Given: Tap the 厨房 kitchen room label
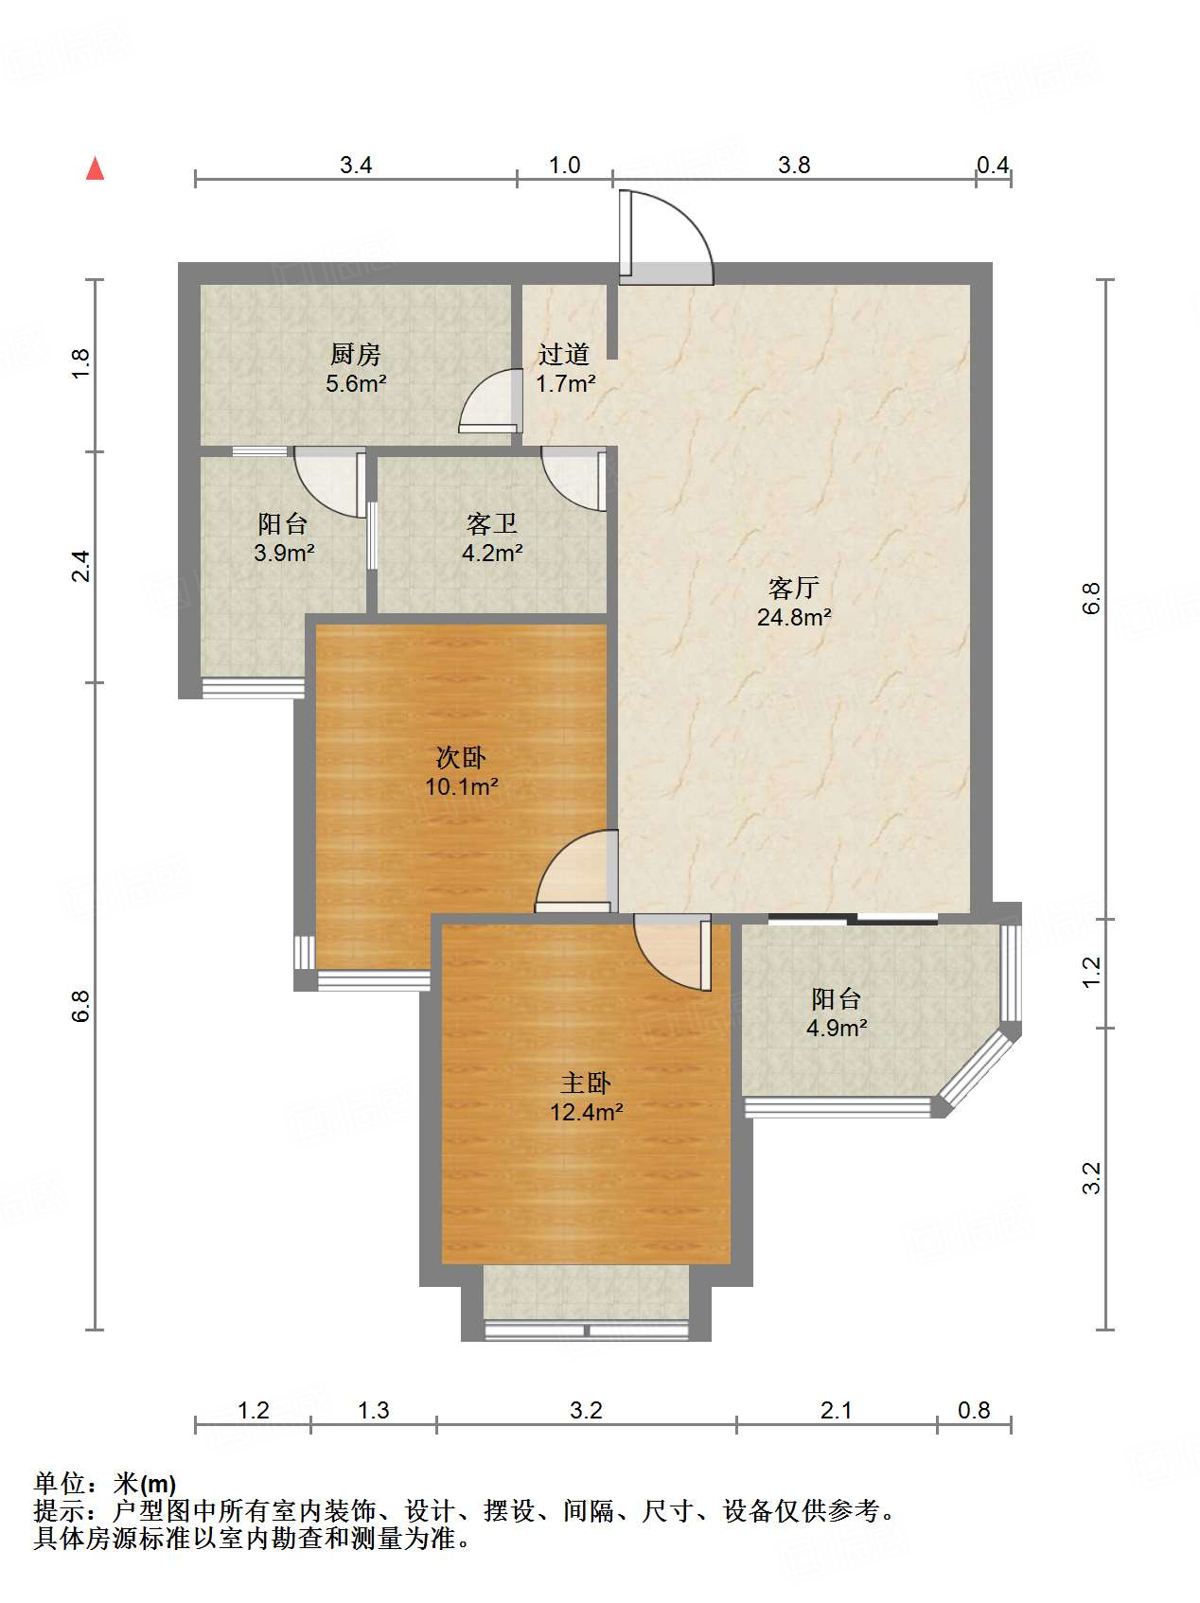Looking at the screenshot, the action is (x=356, y=355).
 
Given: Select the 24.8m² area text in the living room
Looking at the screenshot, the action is (x=794, y=618).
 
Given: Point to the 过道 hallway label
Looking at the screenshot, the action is (x=564, y=355).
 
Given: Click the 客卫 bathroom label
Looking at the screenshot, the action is (x=492, y=523).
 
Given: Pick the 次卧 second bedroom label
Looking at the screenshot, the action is (x=461, y=757).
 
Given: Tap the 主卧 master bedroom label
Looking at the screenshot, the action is (x=586, y=1083).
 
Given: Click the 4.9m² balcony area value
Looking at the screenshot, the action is (x=837, y=1028).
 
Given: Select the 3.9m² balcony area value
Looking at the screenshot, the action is (x=284, y=554).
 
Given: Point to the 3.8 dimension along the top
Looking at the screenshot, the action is (x=794, y=166).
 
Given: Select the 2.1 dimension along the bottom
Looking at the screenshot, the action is (x=837, y=1411).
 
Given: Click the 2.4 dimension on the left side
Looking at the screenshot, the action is (x=81, y=566).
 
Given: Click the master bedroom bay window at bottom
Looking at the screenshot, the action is (x=587, y=1330).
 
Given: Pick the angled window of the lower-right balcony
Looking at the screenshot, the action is (x=979, y=1070).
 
